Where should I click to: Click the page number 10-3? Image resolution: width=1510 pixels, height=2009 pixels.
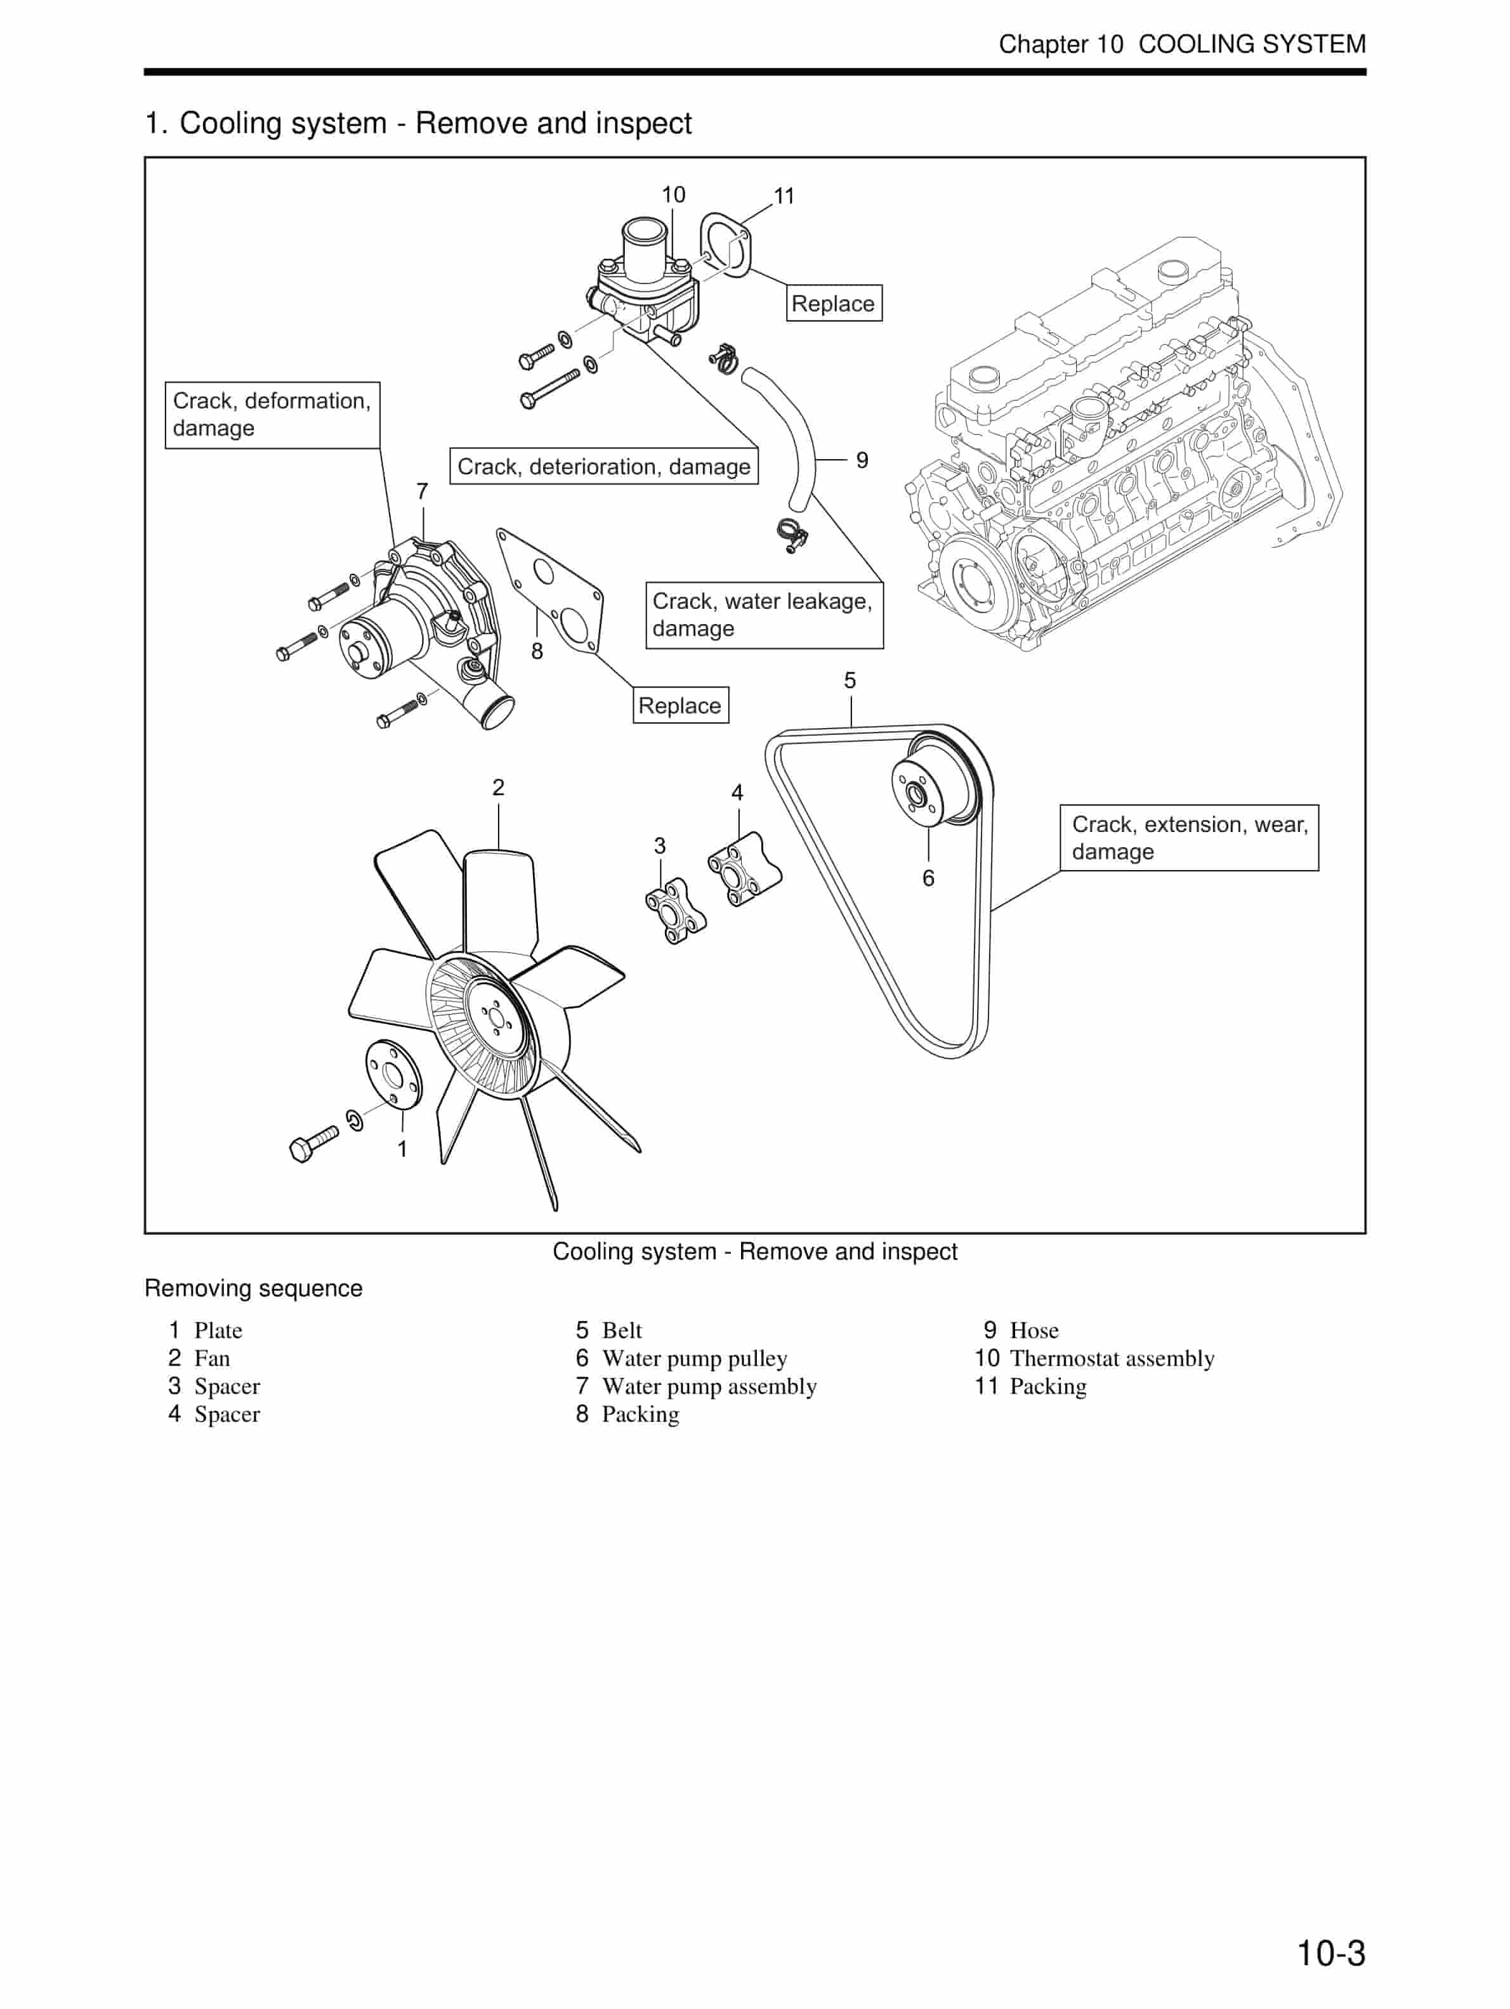[x=1329, y=1952]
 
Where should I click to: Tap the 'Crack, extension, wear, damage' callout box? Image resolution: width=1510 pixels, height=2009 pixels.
[x=1188, y=837]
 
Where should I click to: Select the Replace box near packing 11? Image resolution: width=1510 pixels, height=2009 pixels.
[x=833, y=303]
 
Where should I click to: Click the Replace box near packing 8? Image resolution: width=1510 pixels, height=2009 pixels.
[x=679, y=705]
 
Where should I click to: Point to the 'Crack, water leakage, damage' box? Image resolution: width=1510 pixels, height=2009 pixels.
[x=763, y=615]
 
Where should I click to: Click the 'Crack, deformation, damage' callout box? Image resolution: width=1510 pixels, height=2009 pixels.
[x=272, y=414]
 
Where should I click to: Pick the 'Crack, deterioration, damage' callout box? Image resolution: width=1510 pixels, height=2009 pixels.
[x=603, y=466]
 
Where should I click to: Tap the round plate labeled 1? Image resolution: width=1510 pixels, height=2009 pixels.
[x=393, y=1074]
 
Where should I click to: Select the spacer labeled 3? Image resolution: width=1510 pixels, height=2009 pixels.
[x=676, y=910]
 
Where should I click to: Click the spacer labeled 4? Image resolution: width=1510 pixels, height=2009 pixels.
[x=744, y=869]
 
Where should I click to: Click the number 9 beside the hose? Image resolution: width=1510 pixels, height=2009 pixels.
[x=862, y=460]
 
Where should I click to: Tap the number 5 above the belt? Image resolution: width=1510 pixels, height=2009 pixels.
[x=850, y=680]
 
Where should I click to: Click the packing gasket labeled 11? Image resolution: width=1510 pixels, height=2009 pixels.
[x=725, y=244]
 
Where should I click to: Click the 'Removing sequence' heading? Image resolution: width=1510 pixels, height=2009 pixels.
[x=254, y=1288]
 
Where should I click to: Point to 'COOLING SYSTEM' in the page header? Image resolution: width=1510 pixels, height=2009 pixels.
[x=1251, y=44]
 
